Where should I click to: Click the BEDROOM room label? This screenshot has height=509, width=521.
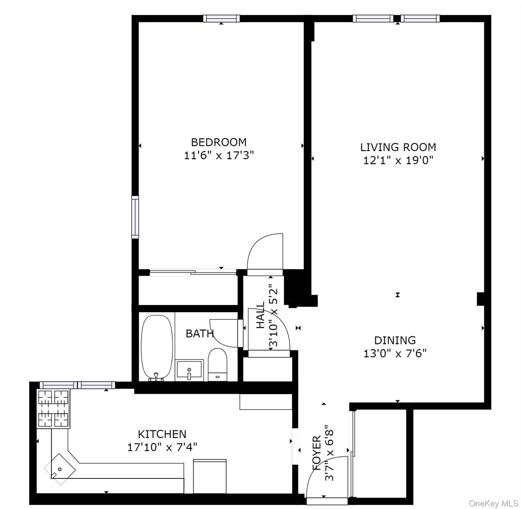pyautogui.click(x=219, y=142)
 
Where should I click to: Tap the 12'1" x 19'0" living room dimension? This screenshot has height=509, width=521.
pyautogui.click(x=398, y=160)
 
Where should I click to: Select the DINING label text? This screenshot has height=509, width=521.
pyautogui.click(x=395, y=340)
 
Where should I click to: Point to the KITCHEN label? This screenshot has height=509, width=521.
pyautogui.click(x=162, y=434)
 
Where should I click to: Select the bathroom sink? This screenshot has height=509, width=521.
pyautogui.click(x=189, y=370)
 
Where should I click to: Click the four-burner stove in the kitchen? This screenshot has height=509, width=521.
pyautogui.click(x=53, y=409)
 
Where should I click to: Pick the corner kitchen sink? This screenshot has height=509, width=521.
pyautogui.click(x=60, y=469)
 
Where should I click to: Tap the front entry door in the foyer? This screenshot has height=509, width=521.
pyautogui.click(x=326, y=477)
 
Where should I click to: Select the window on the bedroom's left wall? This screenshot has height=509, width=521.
pyautogui.click(x=135, y=217)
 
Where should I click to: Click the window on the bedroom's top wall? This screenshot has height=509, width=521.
pyautogui.click(x=221, y=19)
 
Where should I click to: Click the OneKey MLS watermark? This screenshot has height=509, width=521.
pyautogui.click(x=493, y=504)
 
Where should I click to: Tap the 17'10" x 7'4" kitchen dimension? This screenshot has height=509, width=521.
pyautogui.click(x=162, y=448)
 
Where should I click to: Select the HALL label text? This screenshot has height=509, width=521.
pyautogui.click(x=261, y=315)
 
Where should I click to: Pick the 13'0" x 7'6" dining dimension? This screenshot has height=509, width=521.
pyautogui.click(x=395, y=354)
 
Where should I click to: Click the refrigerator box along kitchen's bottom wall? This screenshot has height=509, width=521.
pyautogui.click(x=209, y=476)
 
